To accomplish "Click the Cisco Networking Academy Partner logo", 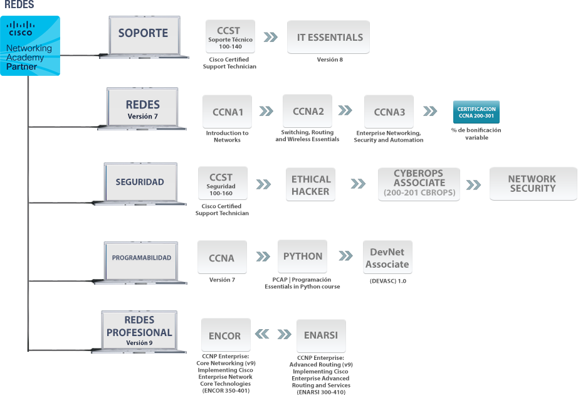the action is coord(30,46).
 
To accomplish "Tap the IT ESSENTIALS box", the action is coord(328,37).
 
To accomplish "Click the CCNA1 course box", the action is coord(227,112).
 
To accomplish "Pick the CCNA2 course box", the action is coord(307,111).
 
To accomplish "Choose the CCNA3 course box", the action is coord(389,112).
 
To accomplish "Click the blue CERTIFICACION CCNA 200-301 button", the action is coord(476,112).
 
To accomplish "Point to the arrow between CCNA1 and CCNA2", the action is coord(266,111).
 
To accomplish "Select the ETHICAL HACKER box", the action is coord(310,184).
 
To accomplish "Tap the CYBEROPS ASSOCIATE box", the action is coord(419,184).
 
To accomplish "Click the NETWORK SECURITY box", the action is coord(533,184).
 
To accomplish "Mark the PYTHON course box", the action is coord(302,256).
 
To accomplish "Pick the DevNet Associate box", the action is coord(387,258).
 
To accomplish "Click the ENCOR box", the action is coord(226,335).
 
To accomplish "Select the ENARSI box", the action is coord(321,336).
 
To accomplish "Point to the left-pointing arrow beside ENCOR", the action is coord(262,334).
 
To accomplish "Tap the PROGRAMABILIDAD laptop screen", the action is coord(141,261).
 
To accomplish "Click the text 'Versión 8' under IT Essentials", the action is coord(330,60).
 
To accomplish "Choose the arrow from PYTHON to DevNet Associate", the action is coord(346,256).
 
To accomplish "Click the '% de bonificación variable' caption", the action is coord(476,134).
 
